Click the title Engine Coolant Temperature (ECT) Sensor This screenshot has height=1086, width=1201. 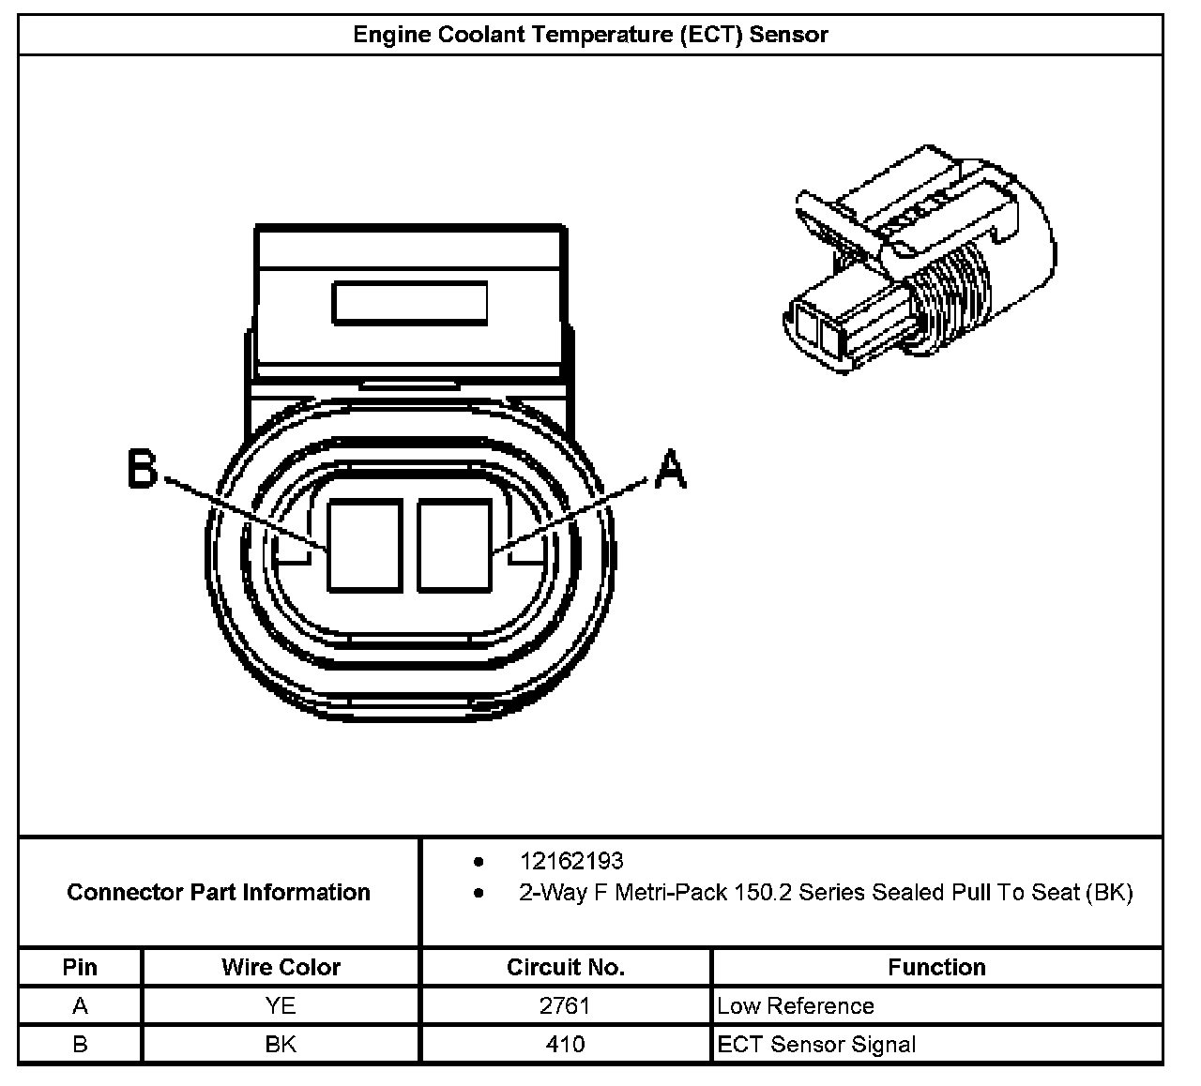590,35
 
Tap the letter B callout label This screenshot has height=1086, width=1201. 143,469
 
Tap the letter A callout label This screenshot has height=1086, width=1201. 669,469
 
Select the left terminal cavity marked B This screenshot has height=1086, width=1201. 365,546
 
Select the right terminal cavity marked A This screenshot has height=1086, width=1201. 454,546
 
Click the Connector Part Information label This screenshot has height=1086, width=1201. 219,892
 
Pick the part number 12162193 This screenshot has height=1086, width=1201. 571,861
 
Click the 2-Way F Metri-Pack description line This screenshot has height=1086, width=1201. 826,892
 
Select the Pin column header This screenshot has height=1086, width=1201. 80,967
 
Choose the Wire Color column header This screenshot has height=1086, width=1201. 281,967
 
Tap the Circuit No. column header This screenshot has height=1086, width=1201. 565,967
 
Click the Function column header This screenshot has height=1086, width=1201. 936,967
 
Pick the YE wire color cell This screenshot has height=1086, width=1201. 281,1006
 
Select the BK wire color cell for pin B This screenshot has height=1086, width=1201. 281,1044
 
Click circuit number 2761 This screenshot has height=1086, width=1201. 565,1006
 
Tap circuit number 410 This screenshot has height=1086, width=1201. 565,1044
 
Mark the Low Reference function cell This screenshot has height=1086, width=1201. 796,1006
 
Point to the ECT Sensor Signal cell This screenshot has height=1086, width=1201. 816,1044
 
